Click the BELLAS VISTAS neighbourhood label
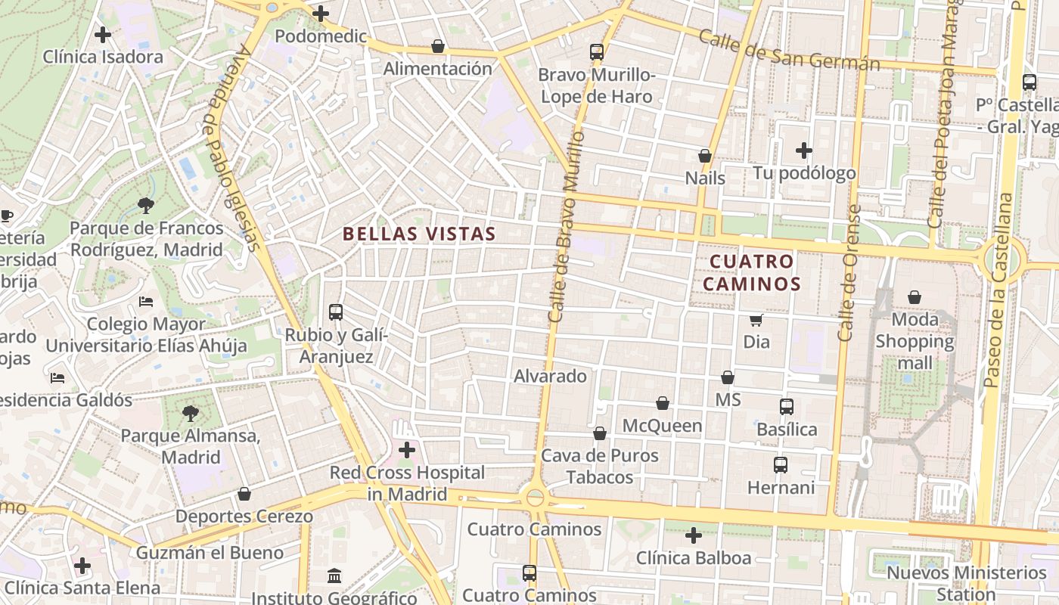coord(419,234)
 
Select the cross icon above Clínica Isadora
coord(103,35)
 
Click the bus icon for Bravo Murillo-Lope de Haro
coord(597,52)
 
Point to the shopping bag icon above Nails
coord(705,156)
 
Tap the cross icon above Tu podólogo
coord(803,150)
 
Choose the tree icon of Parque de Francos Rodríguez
coord(146,205)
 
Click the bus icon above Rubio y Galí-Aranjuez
coord(336,312)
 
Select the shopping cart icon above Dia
coord(756,320)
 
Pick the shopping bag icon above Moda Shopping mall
coord(915,297)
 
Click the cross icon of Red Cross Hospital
coord(407,450)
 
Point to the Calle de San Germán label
coord(789,50)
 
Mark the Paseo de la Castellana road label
coord(998,291)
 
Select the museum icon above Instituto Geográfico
coord(334,576)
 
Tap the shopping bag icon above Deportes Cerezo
coord(244,494)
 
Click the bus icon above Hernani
coord(781,465)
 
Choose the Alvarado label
coord(550,376)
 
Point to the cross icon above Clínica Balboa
coord(693,536)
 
